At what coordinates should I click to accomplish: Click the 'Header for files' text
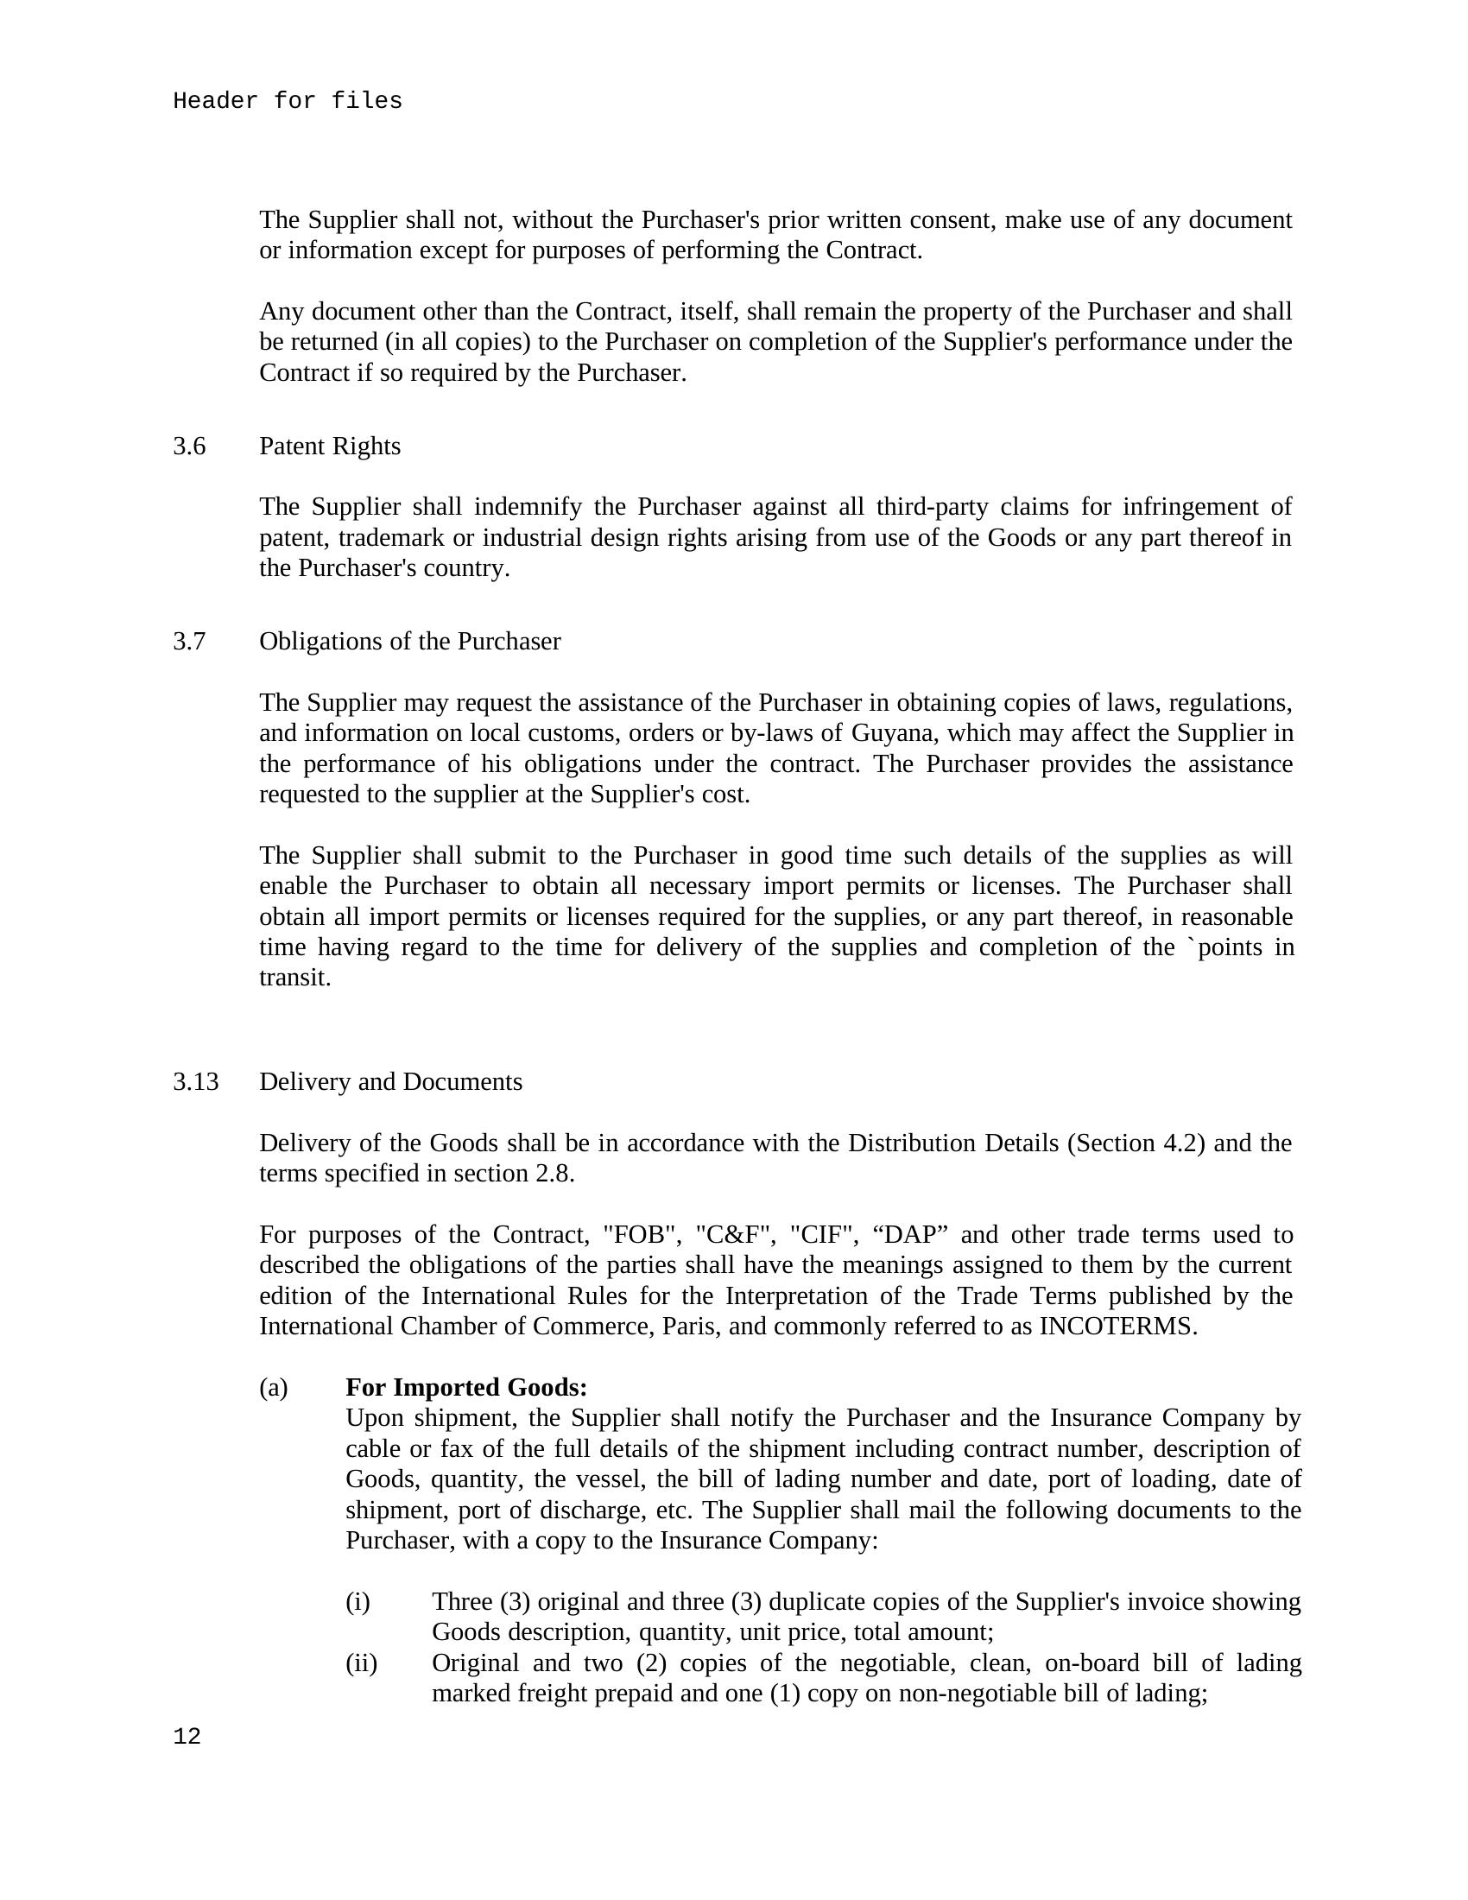tap(287, 102)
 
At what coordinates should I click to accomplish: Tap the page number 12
tap(187, 1737)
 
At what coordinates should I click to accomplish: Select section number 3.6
tap(190, 446)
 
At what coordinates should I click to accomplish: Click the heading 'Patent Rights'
tap(330, 446)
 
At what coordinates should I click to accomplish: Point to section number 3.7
tap(190, 641)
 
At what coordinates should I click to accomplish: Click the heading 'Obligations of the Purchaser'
tap(409, 641)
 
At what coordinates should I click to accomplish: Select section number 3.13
tap(196, 1081)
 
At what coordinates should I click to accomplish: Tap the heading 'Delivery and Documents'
tap(390, 1081)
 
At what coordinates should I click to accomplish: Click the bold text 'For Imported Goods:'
tap(466, 1387)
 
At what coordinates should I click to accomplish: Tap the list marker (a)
tap(273, 1387)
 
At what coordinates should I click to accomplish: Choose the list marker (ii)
tap(361, 1662)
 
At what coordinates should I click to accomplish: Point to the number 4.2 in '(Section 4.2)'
tap(1180, 1143)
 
